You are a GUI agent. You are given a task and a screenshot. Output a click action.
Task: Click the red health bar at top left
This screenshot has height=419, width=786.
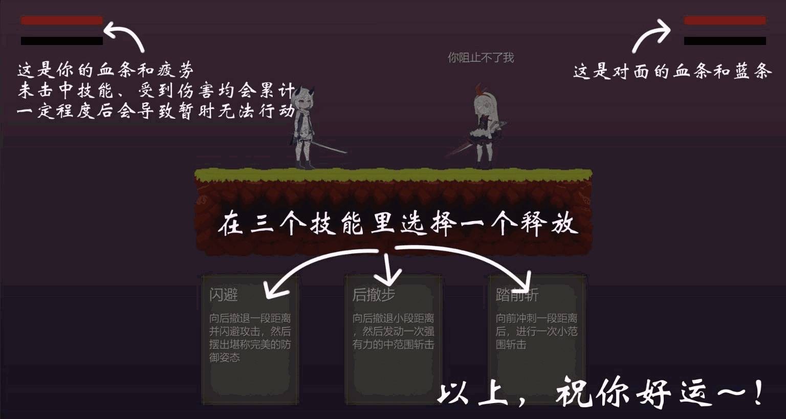tap(62, 20)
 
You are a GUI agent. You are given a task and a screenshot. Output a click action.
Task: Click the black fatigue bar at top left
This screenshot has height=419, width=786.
tap(62, 41)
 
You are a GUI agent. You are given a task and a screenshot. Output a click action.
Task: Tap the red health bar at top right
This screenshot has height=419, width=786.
tap(725, 20)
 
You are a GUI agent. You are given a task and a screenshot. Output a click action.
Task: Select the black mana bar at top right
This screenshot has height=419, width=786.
tap(725, 41)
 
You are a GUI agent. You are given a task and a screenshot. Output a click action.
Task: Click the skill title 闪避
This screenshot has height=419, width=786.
tap(224, 295)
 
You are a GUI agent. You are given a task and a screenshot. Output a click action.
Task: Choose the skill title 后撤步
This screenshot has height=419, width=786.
tap(374, 295)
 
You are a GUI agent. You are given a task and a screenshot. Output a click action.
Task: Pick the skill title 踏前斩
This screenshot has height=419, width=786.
tap(517, 295)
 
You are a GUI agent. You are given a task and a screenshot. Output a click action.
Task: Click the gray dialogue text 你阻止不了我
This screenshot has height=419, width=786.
tap(481, 57)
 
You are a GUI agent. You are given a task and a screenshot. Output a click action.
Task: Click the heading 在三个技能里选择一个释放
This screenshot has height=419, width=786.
tap(398, 224)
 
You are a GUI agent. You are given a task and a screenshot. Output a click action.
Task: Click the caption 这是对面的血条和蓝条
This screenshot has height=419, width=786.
tap(673, 72)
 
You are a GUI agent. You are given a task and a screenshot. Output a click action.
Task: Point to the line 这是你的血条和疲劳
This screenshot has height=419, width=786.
tap(105, 70)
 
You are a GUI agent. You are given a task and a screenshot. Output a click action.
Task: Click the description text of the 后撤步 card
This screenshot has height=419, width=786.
tap(394, 332)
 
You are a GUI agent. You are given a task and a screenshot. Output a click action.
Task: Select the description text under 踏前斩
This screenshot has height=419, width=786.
tap(536, 332)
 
